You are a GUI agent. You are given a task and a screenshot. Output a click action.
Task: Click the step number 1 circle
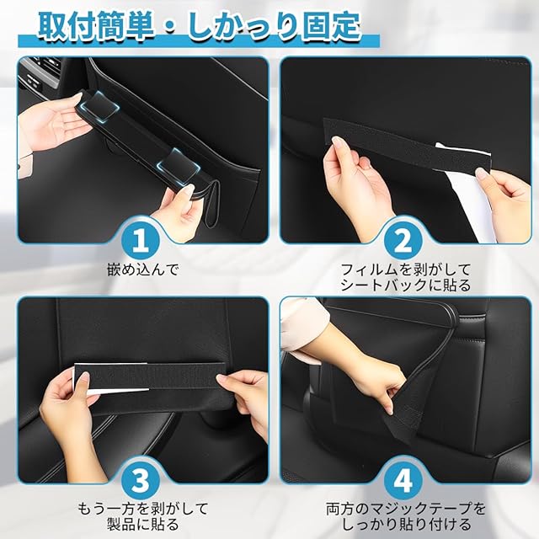coord(141,241)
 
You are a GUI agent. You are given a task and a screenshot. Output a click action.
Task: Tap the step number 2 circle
coord(403,241)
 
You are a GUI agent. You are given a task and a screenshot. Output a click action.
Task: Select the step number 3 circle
coord(141,481)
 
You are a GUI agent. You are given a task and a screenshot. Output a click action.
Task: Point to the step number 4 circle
coord(403,481)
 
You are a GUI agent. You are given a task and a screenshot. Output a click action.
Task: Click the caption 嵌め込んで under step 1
coord(143,269)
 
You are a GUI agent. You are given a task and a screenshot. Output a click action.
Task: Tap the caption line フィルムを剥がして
coord(405,269)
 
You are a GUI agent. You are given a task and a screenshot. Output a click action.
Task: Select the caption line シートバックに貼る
coord(405,286)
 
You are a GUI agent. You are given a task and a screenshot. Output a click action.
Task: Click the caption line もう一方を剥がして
coord(143,509)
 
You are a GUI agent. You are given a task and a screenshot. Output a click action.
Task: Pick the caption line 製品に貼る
coord(143,525)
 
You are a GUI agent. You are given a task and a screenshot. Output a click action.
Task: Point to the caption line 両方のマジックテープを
coord(406,509)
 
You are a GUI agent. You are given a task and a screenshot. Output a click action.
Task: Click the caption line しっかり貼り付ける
coord(406,525)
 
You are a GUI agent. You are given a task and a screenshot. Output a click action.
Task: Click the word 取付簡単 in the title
coord(96,26)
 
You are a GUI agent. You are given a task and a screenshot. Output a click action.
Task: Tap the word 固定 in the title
coord(332,26)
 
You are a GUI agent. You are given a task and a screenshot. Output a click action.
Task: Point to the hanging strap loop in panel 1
coord(212,206)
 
